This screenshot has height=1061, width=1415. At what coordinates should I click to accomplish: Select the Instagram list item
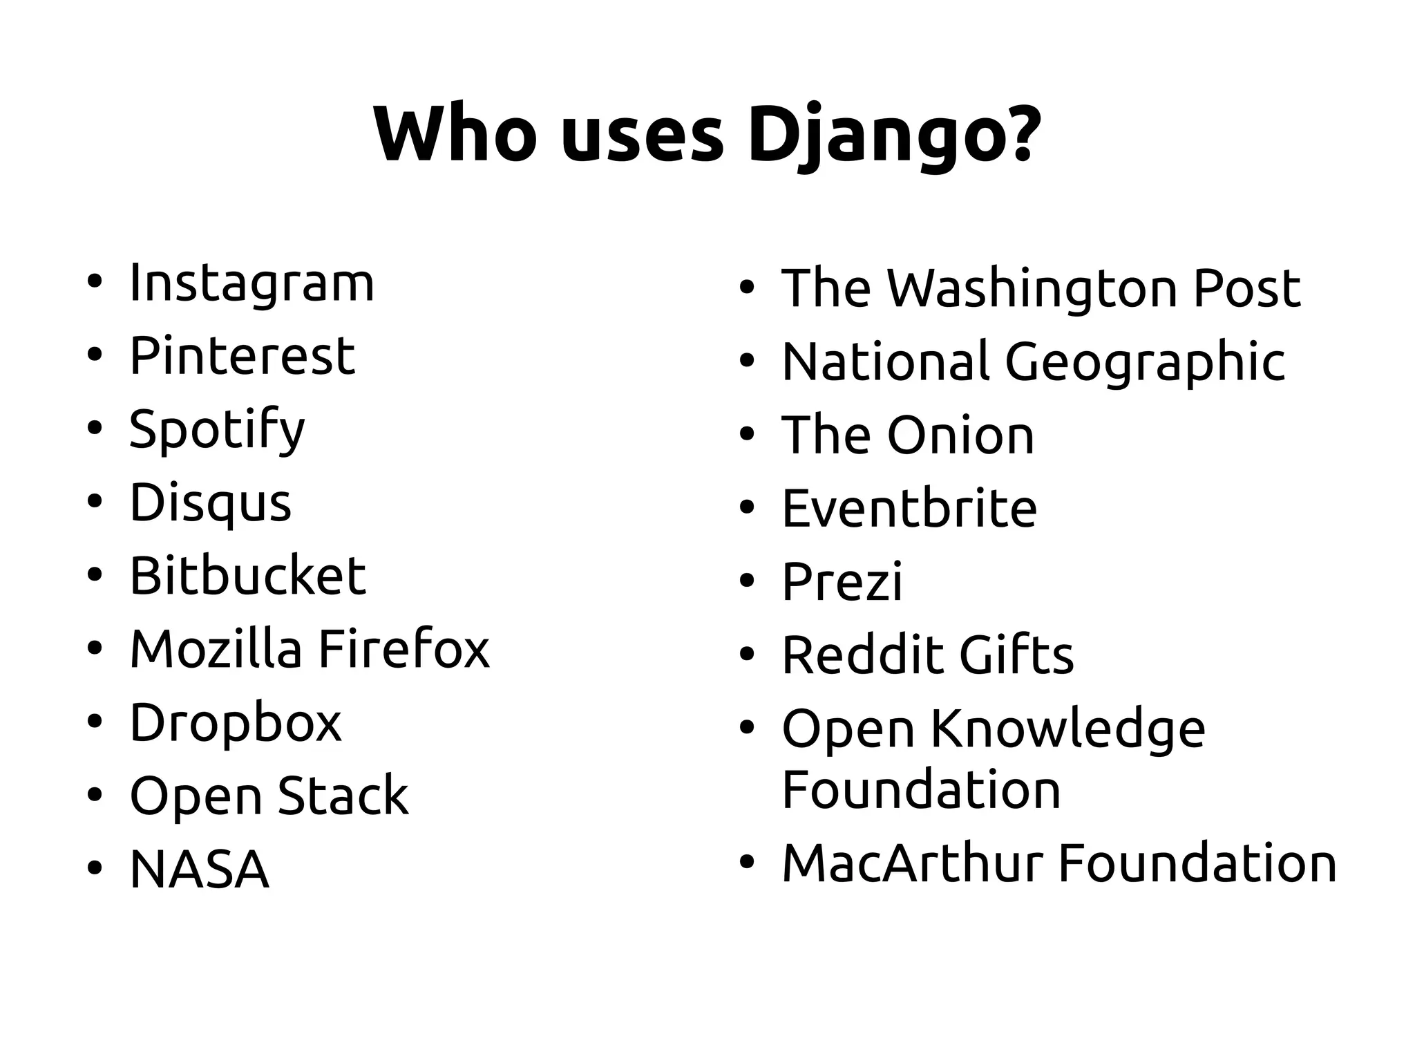[x=251, y=283]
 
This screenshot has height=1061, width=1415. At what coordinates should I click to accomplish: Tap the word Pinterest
[x=242, y=356]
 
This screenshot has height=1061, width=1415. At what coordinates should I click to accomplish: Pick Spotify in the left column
[x=217, y=430]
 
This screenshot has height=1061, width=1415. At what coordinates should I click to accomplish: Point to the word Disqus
[x=211, y=503]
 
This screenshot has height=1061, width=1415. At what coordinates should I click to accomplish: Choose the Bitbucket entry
[x=247, y=576]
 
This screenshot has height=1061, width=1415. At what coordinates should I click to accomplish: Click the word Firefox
[x=404, y=649]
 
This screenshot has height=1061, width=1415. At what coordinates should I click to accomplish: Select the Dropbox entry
[x=236, y=723]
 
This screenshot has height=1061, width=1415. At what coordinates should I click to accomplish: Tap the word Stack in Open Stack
[x=343, y=796]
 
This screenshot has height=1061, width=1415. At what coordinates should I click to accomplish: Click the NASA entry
[x=199, y=870]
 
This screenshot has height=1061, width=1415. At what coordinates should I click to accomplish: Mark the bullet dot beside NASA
[x=95, y=867]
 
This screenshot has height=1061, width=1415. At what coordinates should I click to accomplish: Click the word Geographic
[x=1144, y=362]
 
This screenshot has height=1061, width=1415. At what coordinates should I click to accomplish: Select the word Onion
[x=960, y=435]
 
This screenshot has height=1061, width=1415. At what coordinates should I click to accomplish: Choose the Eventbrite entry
[x=909, y=509]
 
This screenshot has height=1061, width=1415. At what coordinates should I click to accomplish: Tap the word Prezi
[x=842, y=582]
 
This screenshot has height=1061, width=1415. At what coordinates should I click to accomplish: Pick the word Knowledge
[x=1068, y=729]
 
